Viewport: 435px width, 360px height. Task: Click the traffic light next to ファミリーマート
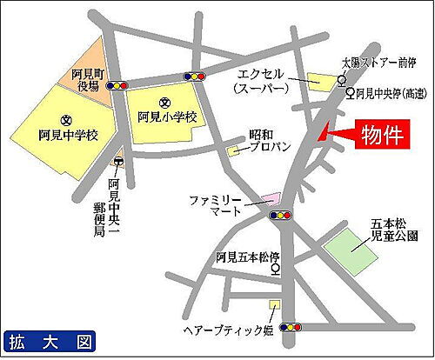279,213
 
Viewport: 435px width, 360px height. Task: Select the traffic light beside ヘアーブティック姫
293,327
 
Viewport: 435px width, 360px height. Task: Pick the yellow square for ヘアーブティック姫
274,304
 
